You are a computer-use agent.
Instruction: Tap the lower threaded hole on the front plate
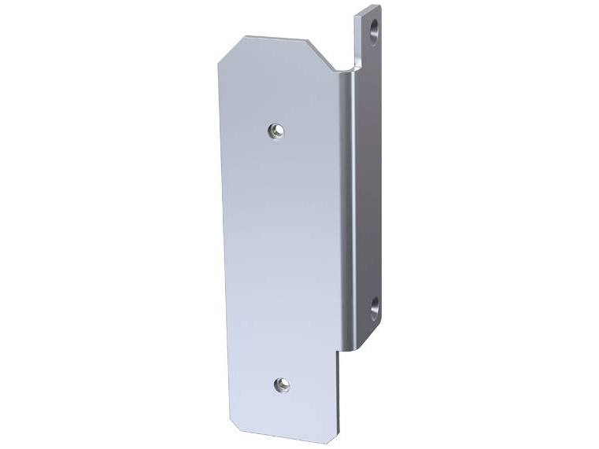282,385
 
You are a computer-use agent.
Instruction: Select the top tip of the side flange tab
370,9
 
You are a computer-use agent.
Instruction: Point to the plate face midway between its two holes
279,258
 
